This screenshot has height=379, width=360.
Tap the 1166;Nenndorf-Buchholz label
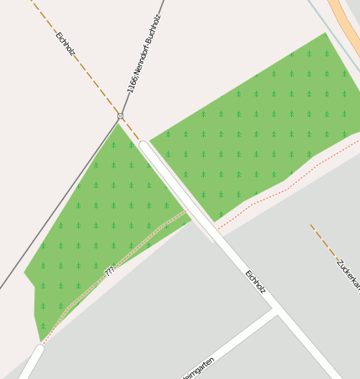coord(143,55)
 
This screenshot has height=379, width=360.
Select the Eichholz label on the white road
coord(255,281)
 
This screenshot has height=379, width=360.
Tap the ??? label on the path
coord(109,271)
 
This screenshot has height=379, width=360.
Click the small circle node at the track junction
coord(121,116)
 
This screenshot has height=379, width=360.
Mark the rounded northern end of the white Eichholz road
coord(144,146)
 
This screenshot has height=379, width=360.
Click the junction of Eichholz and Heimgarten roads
coord(275,311)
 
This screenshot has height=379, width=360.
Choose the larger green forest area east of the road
coord(260,126)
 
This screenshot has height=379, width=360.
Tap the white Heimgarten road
coord(227,344)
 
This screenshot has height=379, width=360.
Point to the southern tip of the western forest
coord(41,340)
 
